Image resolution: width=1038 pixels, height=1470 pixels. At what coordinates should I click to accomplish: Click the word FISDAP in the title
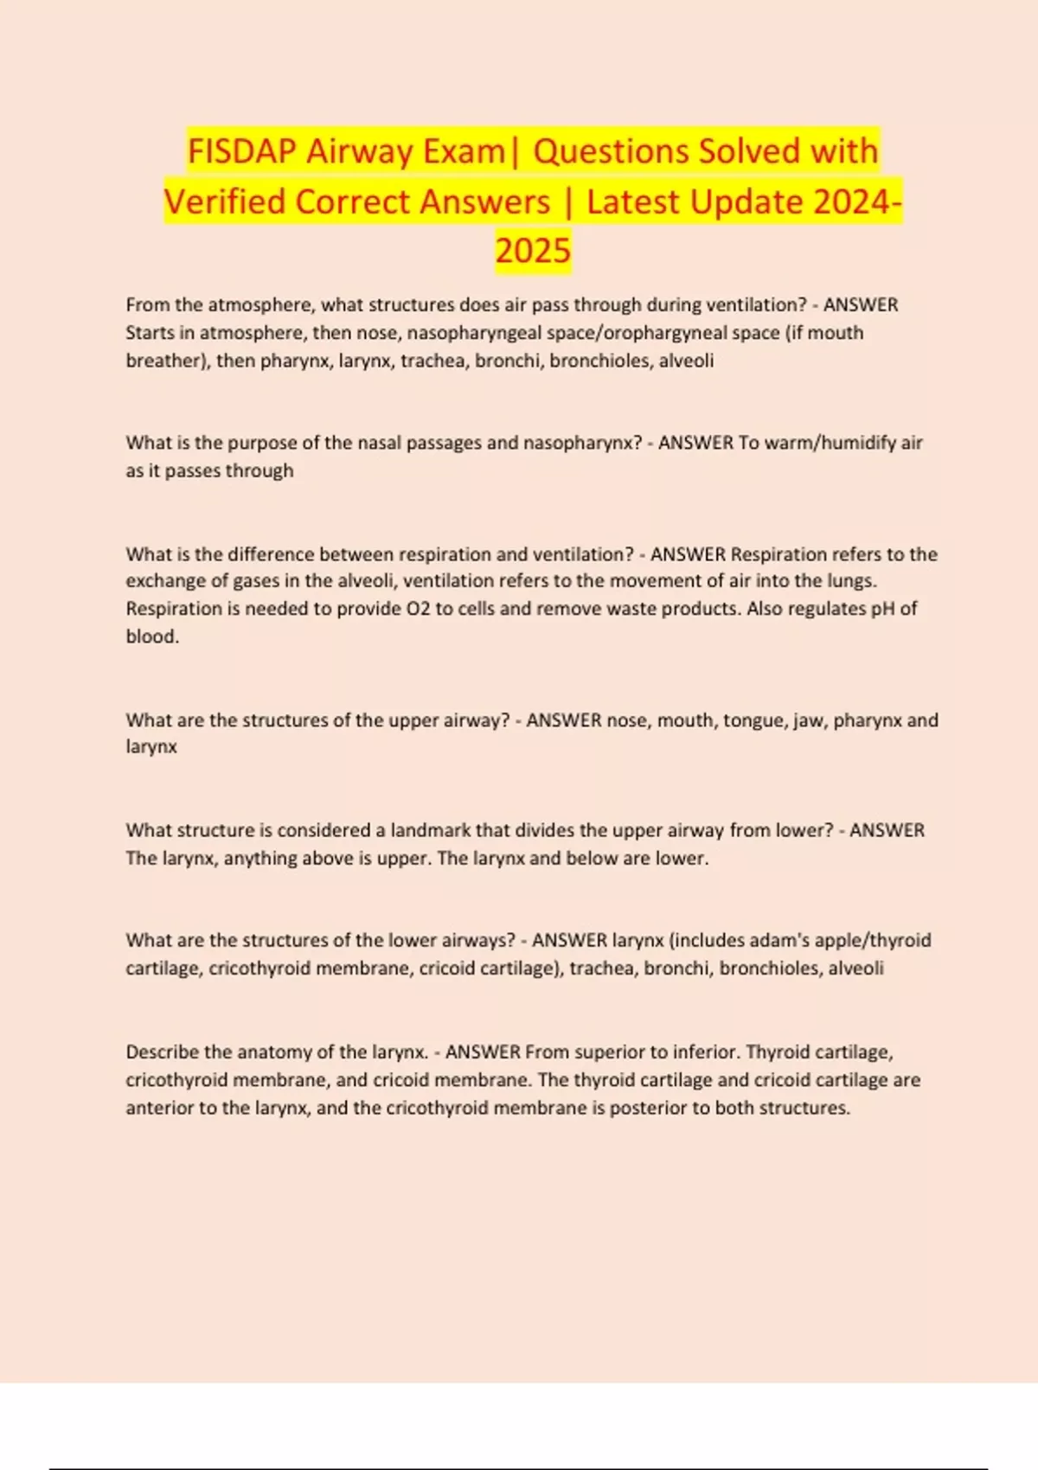[x=242, y=151]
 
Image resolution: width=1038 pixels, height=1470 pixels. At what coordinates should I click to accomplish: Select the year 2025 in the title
[x=533, y=251]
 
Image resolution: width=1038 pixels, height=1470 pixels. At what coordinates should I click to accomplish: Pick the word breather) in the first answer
[x=164, y=361]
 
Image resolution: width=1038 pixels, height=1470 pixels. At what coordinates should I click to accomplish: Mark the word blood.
[x=152, y=636]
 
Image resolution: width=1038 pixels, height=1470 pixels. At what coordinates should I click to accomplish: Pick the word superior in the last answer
[x=611, y=1052]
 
